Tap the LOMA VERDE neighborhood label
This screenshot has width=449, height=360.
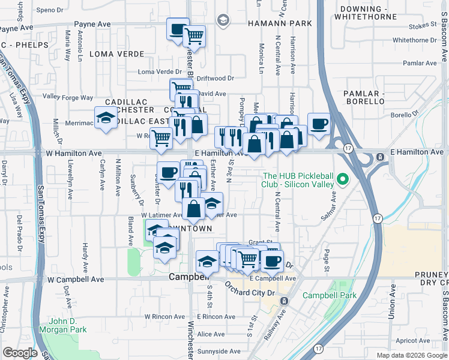pos(110,53)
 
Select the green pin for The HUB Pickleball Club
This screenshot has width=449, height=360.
pos(342,179)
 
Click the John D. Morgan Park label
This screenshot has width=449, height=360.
pos(63,325)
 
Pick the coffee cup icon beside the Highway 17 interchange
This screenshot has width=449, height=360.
pos(319,124)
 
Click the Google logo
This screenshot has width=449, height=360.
pos(20,353)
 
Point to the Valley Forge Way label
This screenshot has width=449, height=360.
pos(68,97)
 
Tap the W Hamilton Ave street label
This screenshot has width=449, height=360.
pos(73,153)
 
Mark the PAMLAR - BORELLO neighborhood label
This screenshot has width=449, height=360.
pos(363,97)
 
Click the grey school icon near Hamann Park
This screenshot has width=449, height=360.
pos(223,21)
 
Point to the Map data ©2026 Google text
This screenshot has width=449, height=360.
pos(412,355)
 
